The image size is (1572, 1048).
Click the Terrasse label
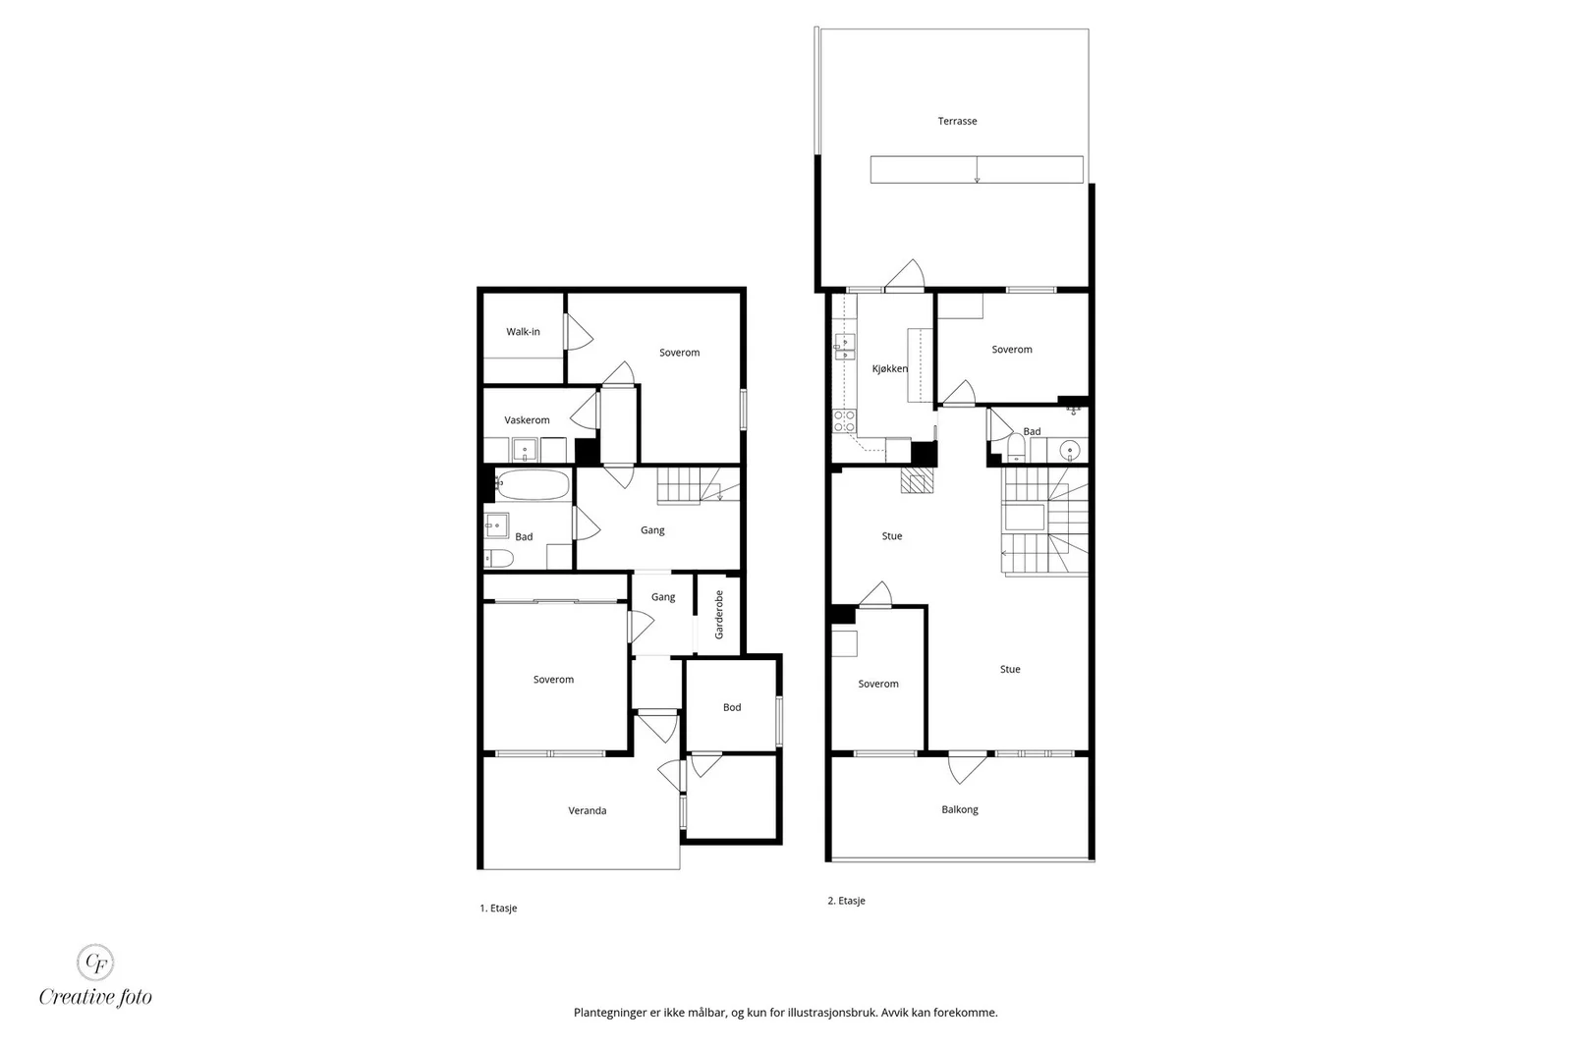[957, 121]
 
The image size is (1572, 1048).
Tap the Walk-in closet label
[523, 332]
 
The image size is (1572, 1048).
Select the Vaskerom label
[527, 420]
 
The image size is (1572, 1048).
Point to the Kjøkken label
[890, 368]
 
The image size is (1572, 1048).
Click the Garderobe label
[718, 615]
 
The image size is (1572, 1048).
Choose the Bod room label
[732, 707]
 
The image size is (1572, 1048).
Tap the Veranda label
[588, 810]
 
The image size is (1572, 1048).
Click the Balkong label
[959, 808]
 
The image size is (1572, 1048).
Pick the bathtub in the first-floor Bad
[533, 485]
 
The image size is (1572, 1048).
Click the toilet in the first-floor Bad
[498, 558]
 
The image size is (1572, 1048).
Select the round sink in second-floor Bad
[1070, 450]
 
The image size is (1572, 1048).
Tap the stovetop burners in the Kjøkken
[844, 421]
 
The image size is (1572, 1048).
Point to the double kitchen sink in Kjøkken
[844, 348]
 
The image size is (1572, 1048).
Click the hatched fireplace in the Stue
[918, 481]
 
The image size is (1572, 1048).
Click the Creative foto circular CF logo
[94, 962]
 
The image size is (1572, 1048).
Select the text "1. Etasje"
[498, 908]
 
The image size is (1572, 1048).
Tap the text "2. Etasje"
[846, 901]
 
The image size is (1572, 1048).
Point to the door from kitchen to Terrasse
[903, 275]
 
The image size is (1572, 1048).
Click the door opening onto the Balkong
[967, 767]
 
